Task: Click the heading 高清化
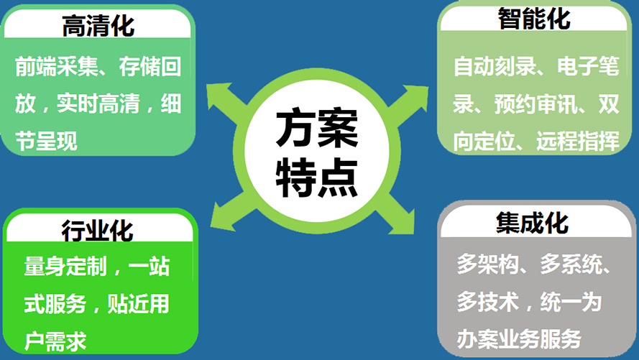pyautogui.click(x=98, y=26)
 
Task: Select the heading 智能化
pyautogui.click(x=534, y=19)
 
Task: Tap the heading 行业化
pyautogui.click(x=98, y=230)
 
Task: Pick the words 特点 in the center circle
pyautogui.click(x=317, y=178)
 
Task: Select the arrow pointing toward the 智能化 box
pyautogui.click(x=408, y=104)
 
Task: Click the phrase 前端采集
pyautogui.click(x=57, y=66)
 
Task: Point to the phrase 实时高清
pyautogui.click(x=98, y=103)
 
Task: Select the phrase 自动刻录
pyautogui.click(x=495, y=66)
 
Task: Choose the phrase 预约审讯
pyautogui.click(x=536, y=104)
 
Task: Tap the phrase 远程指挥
pyautogui.click(x=578, y=141)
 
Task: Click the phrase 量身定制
pyautogui.click(x=65, y=267)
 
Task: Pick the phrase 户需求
pyautogui.click(x=55, y=341)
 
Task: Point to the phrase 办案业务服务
pyautogui.click(x=519, y=339)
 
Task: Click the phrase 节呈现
pyautogui.click(x=46, y=141)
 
